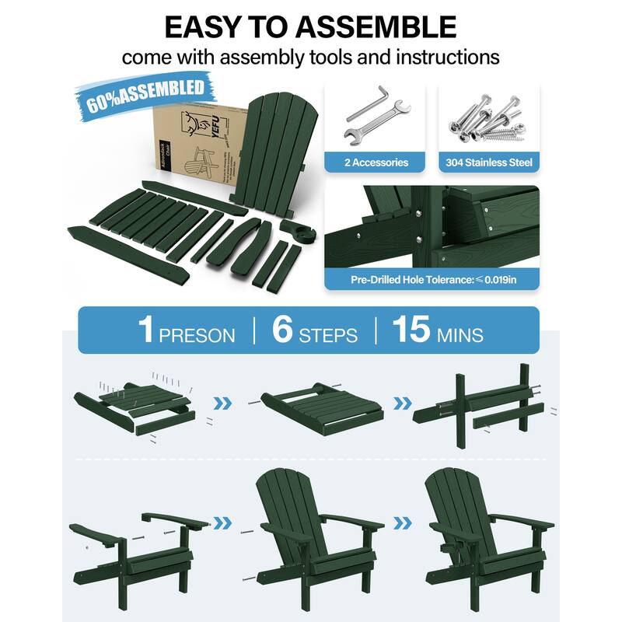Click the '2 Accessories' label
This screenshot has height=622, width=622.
[x=376, y=162]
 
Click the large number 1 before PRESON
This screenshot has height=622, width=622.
[x=145, y=330]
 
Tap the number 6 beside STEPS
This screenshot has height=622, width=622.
[x=281, y=330]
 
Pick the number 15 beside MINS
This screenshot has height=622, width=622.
[x=411, y=330]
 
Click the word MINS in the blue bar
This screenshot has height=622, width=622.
[x=460, y=335]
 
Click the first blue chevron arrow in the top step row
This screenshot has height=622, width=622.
[x=223, y=403]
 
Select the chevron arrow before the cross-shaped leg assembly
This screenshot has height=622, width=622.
[x=402, y=403]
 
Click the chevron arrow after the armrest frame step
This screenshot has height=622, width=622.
[x=223, y=522]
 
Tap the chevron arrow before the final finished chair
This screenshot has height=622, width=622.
[x=402, y=522]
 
